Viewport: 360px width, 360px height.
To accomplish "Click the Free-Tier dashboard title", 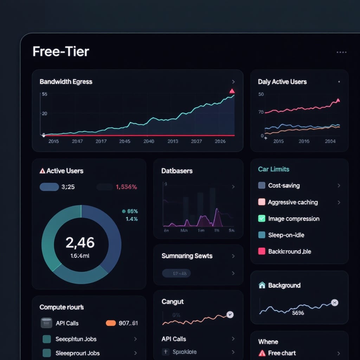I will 61,52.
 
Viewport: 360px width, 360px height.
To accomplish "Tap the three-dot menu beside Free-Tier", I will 341,52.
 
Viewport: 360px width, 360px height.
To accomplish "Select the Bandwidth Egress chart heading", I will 66,82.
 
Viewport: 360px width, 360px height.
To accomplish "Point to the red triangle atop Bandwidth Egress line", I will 232,91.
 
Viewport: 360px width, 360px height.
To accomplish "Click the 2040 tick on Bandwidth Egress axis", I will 149,141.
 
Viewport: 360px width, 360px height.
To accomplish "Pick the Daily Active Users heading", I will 282,82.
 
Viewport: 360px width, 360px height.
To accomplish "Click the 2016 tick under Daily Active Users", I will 304,141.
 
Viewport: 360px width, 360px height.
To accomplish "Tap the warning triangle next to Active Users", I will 43,171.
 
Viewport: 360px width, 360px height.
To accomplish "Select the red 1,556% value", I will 126,187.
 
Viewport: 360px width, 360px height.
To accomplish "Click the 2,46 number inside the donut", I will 80,243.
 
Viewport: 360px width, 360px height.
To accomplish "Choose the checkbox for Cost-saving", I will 262,185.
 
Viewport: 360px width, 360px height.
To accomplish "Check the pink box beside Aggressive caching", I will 262,202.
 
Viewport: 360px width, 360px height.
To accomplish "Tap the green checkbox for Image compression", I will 262,218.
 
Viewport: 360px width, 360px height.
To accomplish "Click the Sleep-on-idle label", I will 286,235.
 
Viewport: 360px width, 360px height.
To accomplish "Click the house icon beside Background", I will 262,285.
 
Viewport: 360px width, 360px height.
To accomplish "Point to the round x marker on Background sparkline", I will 335,303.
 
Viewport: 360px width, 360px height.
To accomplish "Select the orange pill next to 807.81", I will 111,323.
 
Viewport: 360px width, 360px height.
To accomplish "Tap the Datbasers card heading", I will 177,171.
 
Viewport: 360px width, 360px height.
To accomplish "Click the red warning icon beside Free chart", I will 262,353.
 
